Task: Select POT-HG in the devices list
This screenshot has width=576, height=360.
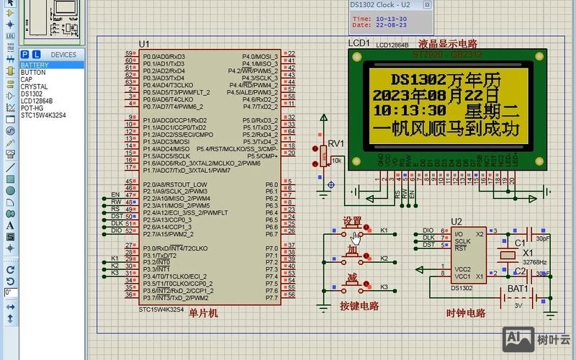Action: [x=32, y=108]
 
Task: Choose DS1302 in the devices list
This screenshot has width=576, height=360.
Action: [x=32, y=94]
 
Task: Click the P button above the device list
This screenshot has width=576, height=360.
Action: [x=25, y=55]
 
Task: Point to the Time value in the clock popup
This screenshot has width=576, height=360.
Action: [x=391, y=19]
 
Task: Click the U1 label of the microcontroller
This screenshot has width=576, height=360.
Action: [x=144, y=45]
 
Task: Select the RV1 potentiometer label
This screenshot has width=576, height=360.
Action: [x=336, y=143]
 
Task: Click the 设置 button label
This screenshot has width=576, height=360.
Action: [x=352, y=220]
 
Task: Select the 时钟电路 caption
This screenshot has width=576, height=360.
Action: [x=465, y=313]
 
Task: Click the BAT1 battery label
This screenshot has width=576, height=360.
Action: [x=517, y=289]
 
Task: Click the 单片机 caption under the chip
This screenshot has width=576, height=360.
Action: [x=203, y=313]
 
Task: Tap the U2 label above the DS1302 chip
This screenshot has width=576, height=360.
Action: [x=456, y=221]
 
